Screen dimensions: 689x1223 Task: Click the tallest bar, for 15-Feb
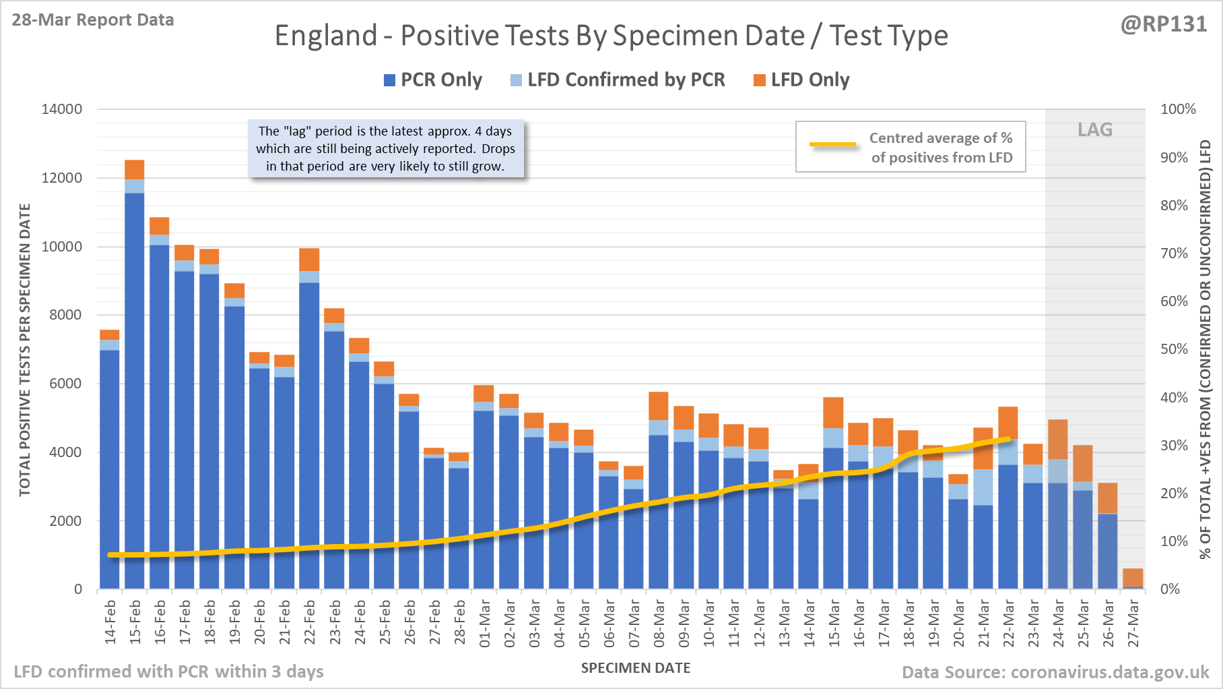[x=135, y=378]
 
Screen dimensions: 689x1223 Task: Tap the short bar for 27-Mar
[x=1133, y=578]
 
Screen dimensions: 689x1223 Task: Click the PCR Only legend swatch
[x=389, y=80]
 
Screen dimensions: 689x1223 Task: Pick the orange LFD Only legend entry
[x=801, y=80]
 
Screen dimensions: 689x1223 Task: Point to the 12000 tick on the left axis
[x=62, y=178]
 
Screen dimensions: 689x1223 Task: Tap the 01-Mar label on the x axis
[x=485, y=624]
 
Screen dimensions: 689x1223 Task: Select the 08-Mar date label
[x=659, y=624]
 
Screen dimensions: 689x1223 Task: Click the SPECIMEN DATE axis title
[x=636, y=668]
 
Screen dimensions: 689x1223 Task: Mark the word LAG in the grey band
[x=1095, y=129]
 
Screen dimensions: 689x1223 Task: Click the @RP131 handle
[x=1164, y=24]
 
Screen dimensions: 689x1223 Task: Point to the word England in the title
[x=326, y=36]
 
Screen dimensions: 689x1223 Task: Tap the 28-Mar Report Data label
[x=93, y=20]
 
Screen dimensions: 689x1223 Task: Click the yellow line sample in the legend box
[x=832, y=144]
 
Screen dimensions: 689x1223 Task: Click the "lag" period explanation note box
[x=385, y=149]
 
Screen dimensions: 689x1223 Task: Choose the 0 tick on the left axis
[x=78, y=589]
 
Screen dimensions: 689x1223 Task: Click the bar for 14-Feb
[x=110, y=465]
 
